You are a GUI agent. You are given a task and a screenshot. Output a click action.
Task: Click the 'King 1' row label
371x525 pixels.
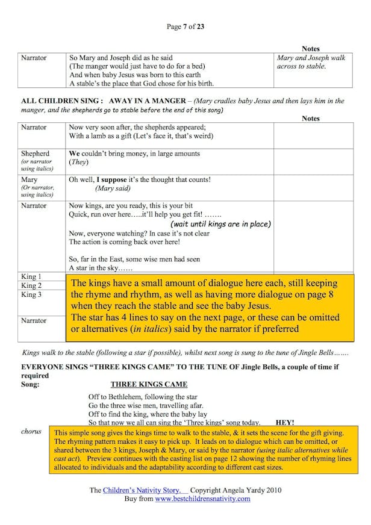click(31, 277)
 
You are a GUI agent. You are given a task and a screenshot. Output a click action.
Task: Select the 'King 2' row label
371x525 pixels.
click(31, 286)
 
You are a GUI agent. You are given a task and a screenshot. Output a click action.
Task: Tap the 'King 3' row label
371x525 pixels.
click(31, 295)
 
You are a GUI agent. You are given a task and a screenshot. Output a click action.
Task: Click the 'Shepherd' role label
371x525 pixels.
click(36, 154)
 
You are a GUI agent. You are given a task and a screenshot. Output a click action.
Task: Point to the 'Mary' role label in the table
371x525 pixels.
click(29, 180)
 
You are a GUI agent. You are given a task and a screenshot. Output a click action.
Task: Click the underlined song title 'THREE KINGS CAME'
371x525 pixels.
click(149, 384)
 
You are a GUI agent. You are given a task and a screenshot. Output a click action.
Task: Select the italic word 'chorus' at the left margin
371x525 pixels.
click(31, 432)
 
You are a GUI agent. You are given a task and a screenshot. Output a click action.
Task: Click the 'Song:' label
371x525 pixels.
click(31, 384)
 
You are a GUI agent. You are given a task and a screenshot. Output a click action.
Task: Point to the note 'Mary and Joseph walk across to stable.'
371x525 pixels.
click(311, 62)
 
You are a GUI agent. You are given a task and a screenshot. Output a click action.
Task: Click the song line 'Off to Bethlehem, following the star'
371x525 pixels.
click(143, 397)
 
